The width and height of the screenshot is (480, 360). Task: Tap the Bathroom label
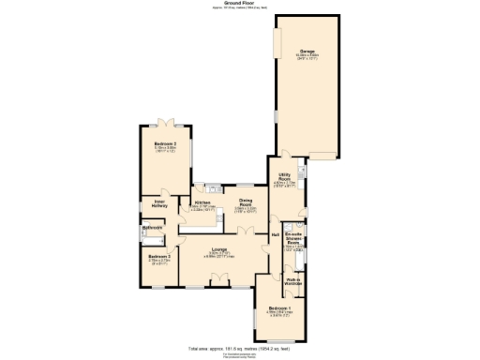[x=153, y=228]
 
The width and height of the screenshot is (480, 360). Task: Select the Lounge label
[x=221, y=251]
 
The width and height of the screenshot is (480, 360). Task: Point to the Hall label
[x=276, y=234]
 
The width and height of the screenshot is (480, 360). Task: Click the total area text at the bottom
[x=240, y=347]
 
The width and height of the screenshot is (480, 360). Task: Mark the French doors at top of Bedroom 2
[x=165, y=120]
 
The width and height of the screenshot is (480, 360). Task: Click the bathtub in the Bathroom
[x=153, y=235]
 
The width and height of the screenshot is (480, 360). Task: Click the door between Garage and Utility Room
[x=280, y=155]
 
